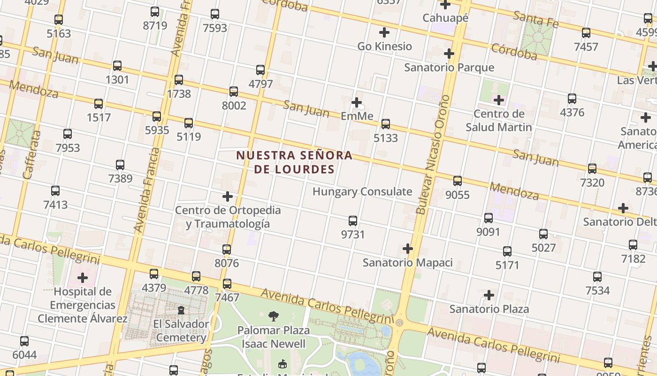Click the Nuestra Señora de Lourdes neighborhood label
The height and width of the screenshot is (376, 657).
coord(294,162)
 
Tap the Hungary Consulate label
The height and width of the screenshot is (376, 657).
coord(362,192)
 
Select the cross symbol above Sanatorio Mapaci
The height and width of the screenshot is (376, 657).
coord(408,249)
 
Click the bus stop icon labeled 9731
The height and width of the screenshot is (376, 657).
coord(353,221)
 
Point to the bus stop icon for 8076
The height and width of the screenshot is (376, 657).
coord(227,250)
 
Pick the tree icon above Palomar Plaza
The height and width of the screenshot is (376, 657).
coord(273,316)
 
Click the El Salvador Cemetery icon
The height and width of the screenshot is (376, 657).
coord(181,310)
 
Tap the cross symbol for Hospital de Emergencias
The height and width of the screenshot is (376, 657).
coord(83,278)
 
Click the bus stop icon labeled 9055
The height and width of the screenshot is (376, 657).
coord(458,181)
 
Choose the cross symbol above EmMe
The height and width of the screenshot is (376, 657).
coord(357,102)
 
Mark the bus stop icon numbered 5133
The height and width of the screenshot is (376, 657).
coord(386,124)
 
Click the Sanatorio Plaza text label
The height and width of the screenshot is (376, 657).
coord(489,309)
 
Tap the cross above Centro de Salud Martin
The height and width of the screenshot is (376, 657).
coord(499,100)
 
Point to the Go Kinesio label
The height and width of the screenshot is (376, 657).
coord(384,47)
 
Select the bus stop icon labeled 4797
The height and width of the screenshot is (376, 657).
coord(260,70)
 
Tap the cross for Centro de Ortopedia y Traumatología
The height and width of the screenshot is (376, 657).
coord(228,196)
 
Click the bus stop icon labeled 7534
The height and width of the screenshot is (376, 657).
coord(597,277)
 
